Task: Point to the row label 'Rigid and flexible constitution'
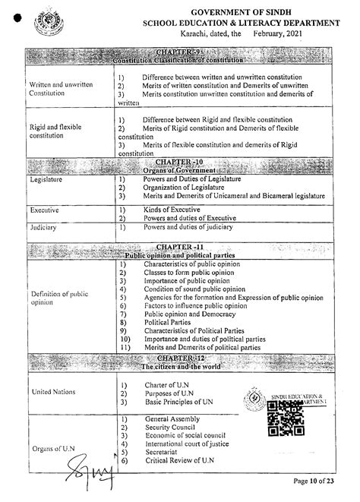(x=55, y=131)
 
